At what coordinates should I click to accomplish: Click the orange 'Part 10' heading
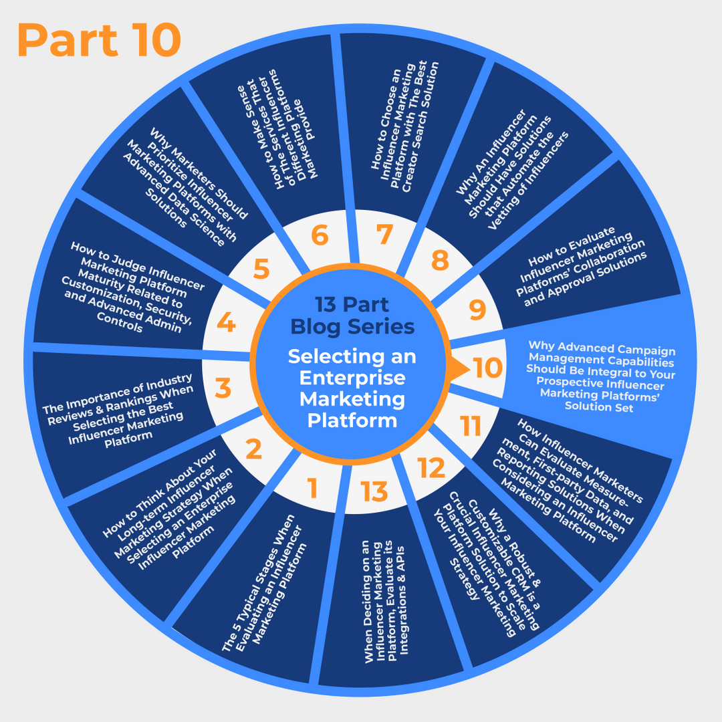coord(99,40)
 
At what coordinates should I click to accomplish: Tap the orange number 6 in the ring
coord(320,235)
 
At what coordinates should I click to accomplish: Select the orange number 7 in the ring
coord(383,235)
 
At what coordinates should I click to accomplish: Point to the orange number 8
coord(440,260)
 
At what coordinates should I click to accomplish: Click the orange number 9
coord(477,310)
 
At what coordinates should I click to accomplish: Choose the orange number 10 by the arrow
coord(488,368)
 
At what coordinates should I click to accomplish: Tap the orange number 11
coord(471,426)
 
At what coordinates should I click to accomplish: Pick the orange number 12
coord(432,468)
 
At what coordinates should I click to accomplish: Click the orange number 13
coord(375,491)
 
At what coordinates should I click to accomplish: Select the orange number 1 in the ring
coord(312,489)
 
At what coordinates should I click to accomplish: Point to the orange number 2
coord(253,449)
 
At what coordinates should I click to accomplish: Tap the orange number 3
coord(223,388)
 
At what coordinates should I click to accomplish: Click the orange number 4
coord(227,324)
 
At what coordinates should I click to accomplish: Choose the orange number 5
coord(261,269)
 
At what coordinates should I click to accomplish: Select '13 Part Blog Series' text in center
coord(352,316)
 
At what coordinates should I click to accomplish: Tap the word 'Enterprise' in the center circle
coord(352,378)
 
